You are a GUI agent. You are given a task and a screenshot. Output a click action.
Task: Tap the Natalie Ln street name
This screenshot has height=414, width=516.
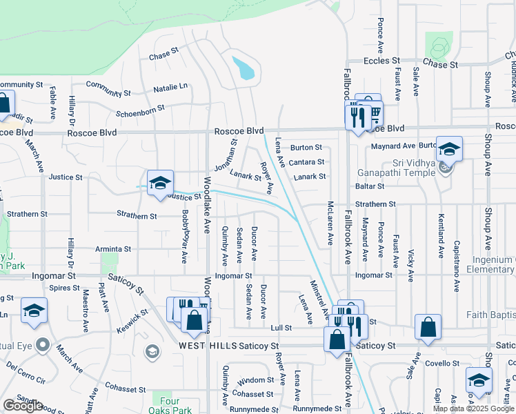click(170, 88)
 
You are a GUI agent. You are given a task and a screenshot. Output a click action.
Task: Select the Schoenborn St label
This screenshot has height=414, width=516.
click(141, 108)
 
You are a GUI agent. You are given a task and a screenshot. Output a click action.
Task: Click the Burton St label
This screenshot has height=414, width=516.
click(306, 147)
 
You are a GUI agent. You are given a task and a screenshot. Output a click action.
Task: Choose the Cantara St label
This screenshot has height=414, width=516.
click(306, 161)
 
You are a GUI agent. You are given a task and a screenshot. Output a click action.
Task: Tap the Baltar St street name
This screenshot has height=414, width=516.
click(370, 186)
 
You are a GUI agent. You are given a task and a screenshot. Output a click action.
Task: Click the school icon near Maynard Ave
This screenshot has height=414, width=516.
click(448, 150)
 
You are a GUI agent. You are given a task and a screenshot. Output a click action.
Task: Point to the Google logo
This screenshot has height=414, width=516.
click(23, 406)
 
